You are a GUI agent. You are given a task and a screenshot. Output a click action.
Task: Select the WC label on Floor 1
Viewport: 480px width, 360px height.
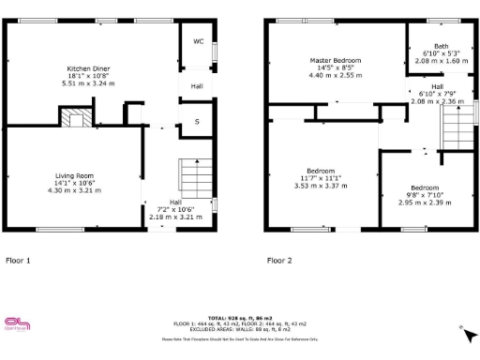click(x=199, y=41)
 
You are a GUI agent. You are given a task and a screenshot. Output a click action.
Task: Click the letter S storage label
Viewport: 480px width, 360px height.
click(x=197, y=121)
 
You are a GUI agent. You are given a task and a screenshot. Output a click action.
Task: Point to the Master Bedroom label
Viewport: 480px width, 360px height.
click(x=335, y=60)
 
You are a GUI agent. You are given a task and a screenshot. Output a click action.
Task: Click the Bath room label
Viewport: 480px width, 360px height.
click(x=441, y=46)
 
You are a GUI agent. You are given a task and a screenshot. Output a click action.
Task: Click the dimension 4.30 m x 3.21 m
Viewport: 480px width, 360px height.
click(x=73, y=190)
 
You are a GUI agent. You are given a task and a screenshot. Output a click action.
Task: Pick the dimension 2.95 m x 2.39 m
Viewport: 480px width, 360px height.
click(x=419, y=202)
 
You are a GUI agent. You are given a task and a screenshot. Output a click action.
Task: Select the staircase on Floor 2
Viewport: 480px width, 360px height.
click(x=455, y=122)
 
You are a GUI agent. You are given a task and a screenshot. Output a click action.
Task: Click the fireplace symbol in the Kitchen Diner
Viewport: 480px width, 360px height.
click(x=76, y=117)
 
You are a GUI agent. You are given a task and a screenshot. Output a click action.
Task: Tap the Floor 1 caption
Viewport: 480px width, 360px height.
click(x=18, y=260)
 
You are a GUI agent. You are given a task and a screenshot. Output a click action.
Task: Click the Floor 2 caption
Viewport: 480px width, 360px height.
click(x=279, y=260)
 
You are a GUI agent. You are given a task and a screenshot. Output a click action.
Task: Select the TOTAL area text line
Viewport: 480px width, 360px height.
click(x=239, y=318)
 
